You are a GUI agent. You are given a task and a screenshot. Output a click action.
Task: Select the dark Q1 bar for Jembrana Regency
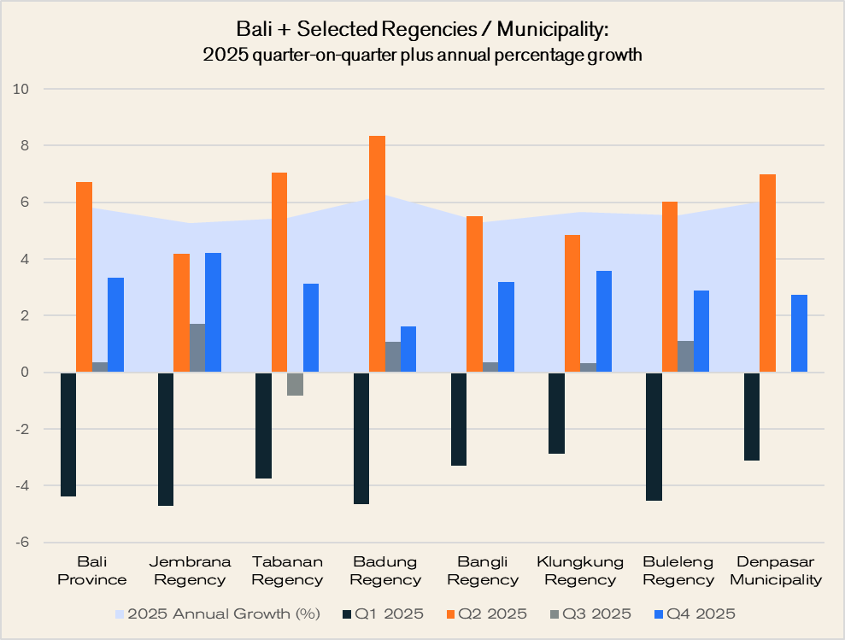click(x=167, y=439)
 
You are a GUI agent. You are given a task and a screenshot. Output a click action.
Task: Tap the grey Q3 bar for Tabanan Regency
click(x=296, y=384)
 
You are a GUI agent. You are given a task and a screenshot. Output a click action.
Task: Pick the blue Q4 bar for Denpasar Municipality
click(x=799, y=333)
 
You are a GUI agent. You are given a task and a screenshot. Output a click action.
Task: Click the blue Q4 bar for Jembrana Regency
click(x=213, y=313)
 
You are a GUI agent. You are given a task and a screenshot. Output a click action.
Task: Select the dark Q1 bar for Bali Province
click(x=68, y=434)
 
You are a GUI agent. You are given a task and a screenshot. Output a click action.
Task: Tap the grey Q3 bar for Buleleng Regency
click(x=686, y=356)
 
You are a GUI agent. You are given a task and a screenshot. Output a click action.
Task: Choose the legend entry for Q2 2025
click(x=488, y=614)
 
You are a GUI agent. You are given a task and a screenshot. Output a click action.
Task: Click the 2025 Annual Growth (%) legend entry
click(x=217, y=614)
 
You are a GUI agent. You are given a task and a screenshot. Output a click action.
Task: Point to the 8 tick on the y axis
click(x=24, y=146)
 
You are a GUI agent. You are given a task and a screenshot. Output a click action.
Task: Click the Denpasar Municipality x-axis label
click(x=776, y=571)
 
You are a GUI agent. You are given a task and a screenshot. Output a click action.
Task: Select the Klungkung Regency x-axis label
click(x=580, y=571)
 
